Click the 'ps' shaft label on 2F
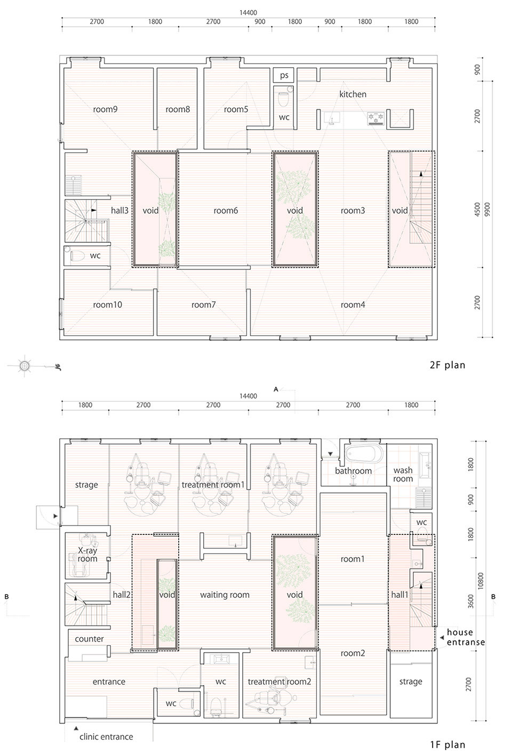(284, 75)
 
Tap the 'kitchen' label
(353, 94)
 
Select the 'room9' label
(105, 109)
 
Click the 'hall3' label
(119, 211)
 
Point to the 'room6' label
(226, 211)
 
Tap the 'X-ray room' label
(87, 555)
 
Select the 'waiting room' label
(225, 595)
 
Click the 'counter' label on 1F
(89, 639)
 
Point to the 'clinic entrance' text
(106, 737)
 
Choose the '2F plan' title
(447, 365)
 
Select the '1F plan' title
(447, 744)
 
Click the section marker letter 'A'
(276, 389)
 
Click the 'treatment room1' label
(213, 485)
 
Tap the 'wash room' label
(403, 474)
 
